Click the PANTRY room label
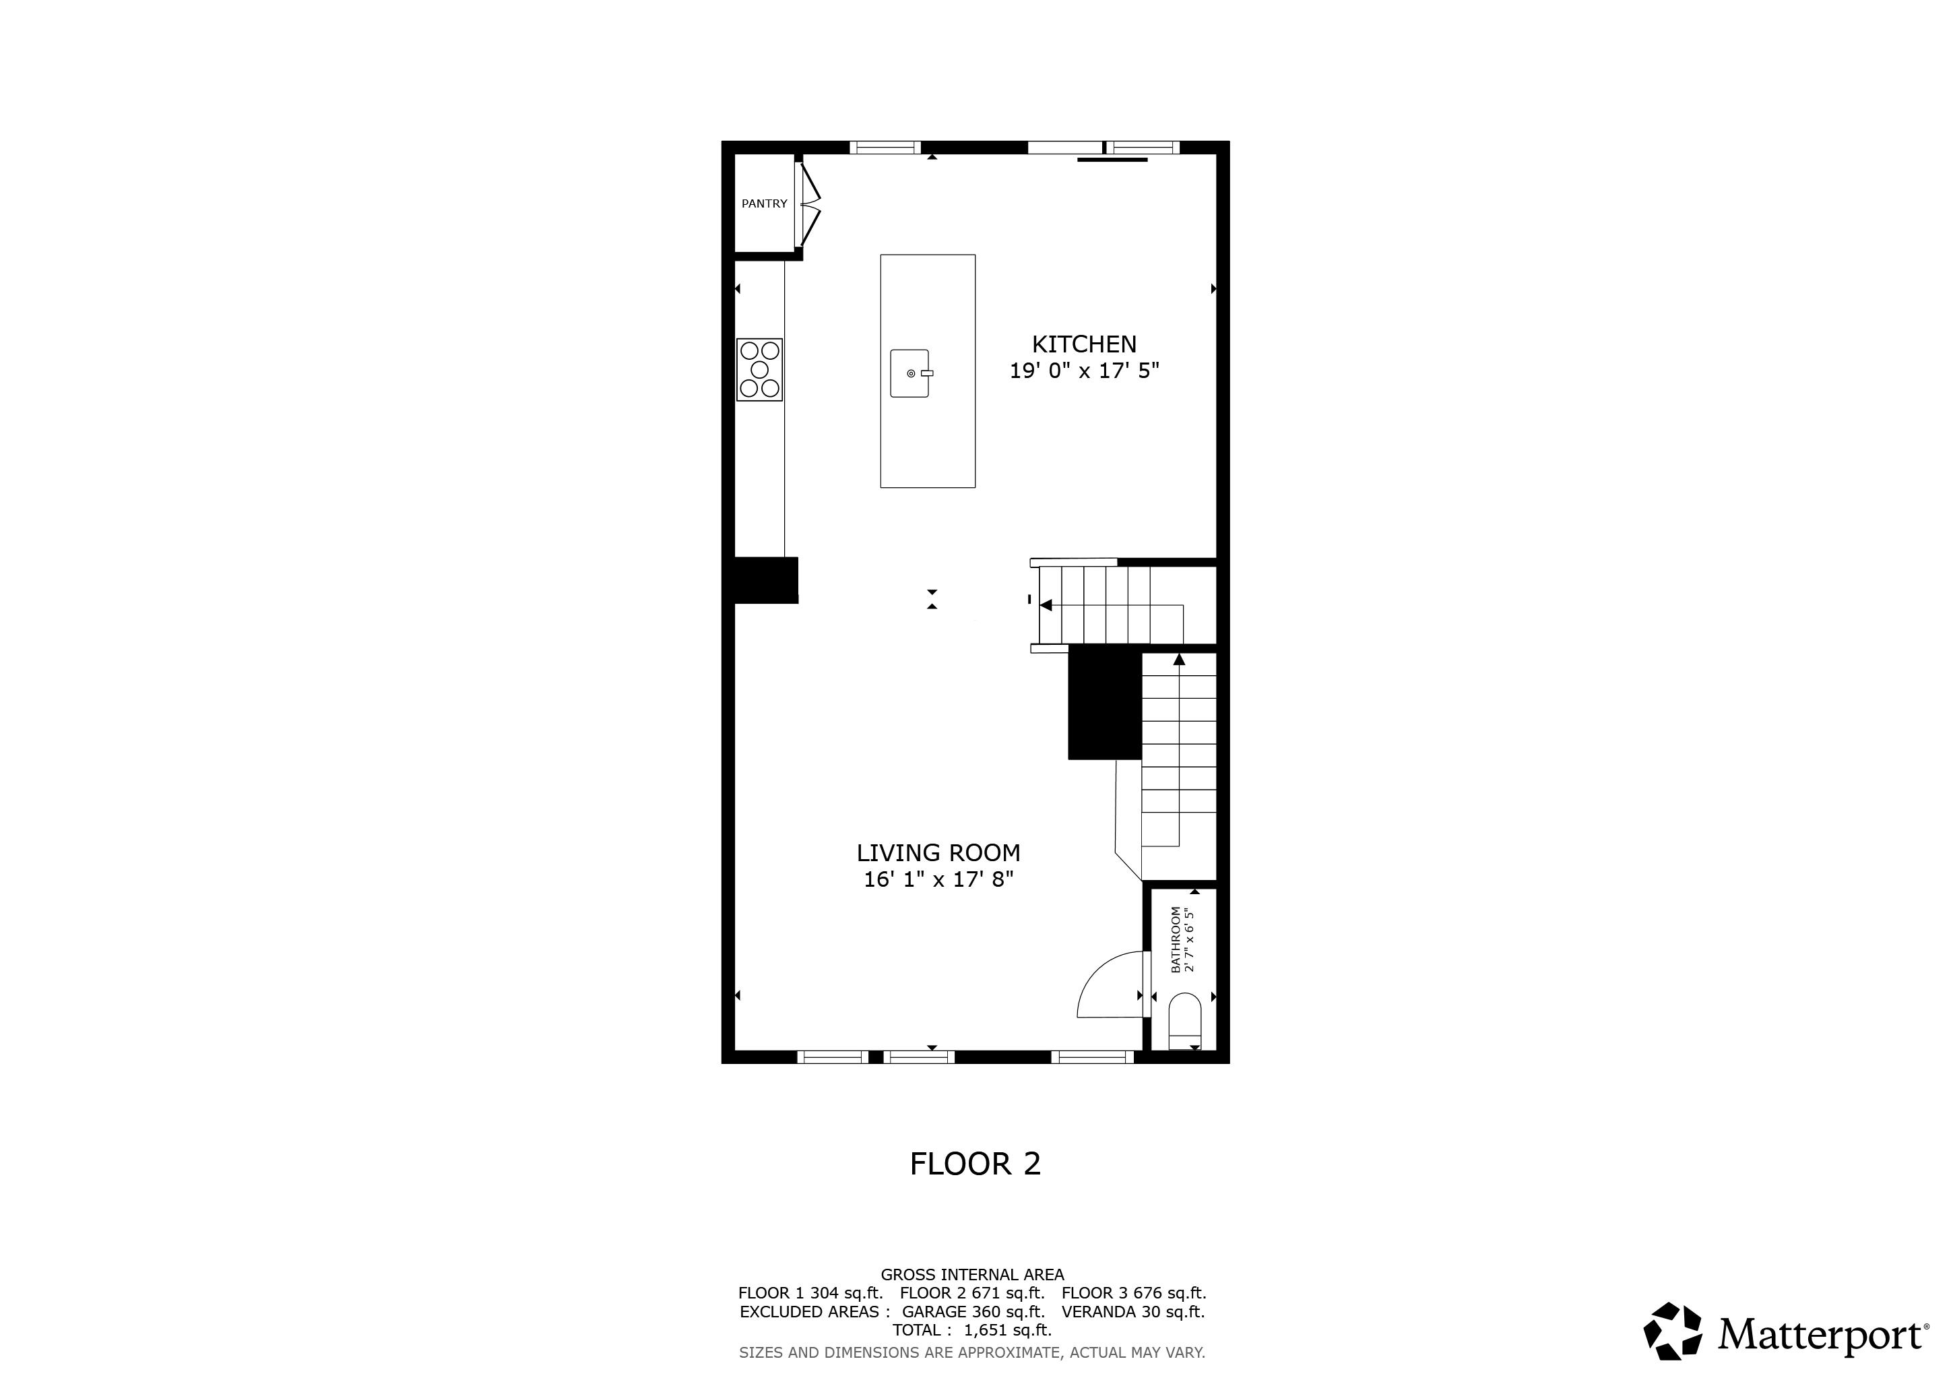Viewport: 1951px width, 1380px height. tap(764, 204)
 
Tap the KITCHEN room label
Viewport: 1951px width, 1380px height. tap(1083, 344)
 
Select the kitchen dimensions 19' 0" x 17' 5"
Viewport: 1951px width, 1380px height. tap(1084, 371)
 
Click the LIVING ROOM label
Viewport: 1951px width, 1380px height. tap(938, 853)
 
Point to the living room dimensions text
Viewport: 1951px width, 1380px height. tap(938, 879)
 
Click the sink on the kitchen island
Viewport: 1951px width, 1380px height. tap(911, 373)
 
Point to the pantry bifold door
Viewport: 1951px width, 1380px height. tap(809, 205)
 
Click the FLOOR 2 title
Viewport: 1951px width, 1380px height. tap(975, 1164)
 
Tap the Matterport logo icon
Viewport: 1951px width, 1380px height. tap(1672, 1331)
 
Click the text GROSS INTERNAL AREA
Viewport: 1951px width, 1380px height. tap(972, 1275)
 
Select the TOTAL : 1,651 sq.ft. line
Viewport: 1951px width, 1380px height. tap(972, 1330)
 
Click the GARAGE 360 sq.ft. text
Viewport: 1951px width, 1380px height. tap(973, 1311)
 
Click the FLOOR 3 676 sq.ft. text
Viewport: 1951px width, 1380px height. tap(1134, 1293)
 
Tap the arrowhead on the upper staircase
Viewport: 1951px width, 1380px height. tap(1046, 605)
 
